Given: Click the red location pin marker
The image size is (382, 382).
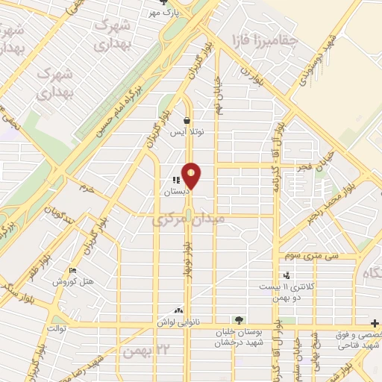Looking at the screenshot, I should point(192,176).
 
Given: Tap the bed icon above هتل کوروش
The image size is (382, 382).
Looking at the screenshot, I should point(72,270).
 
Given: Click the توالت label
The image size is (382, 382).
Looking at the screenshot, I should point(57,328).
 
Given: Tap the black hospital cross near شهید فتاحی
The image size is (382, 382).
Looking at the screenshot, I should point(374,324).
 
